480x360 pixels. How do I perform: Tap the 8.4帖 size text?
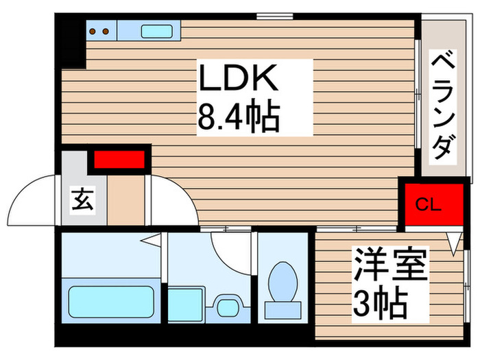click(x=238, y=117)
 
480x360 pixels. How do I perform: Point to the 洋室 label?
click(x=390, y=265)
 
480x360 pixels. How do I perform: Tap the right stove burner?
click(x=106, y=31)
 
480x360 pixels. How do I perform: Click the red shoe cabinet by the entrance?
click(x=119, y=160)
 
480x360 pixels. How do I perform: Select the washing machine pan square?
click(x=184, y=301)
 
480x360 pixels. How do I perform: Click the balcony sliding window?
click(x=418, y=96)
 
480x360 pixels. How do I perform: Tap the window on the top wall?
click(x=269, y=16)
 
